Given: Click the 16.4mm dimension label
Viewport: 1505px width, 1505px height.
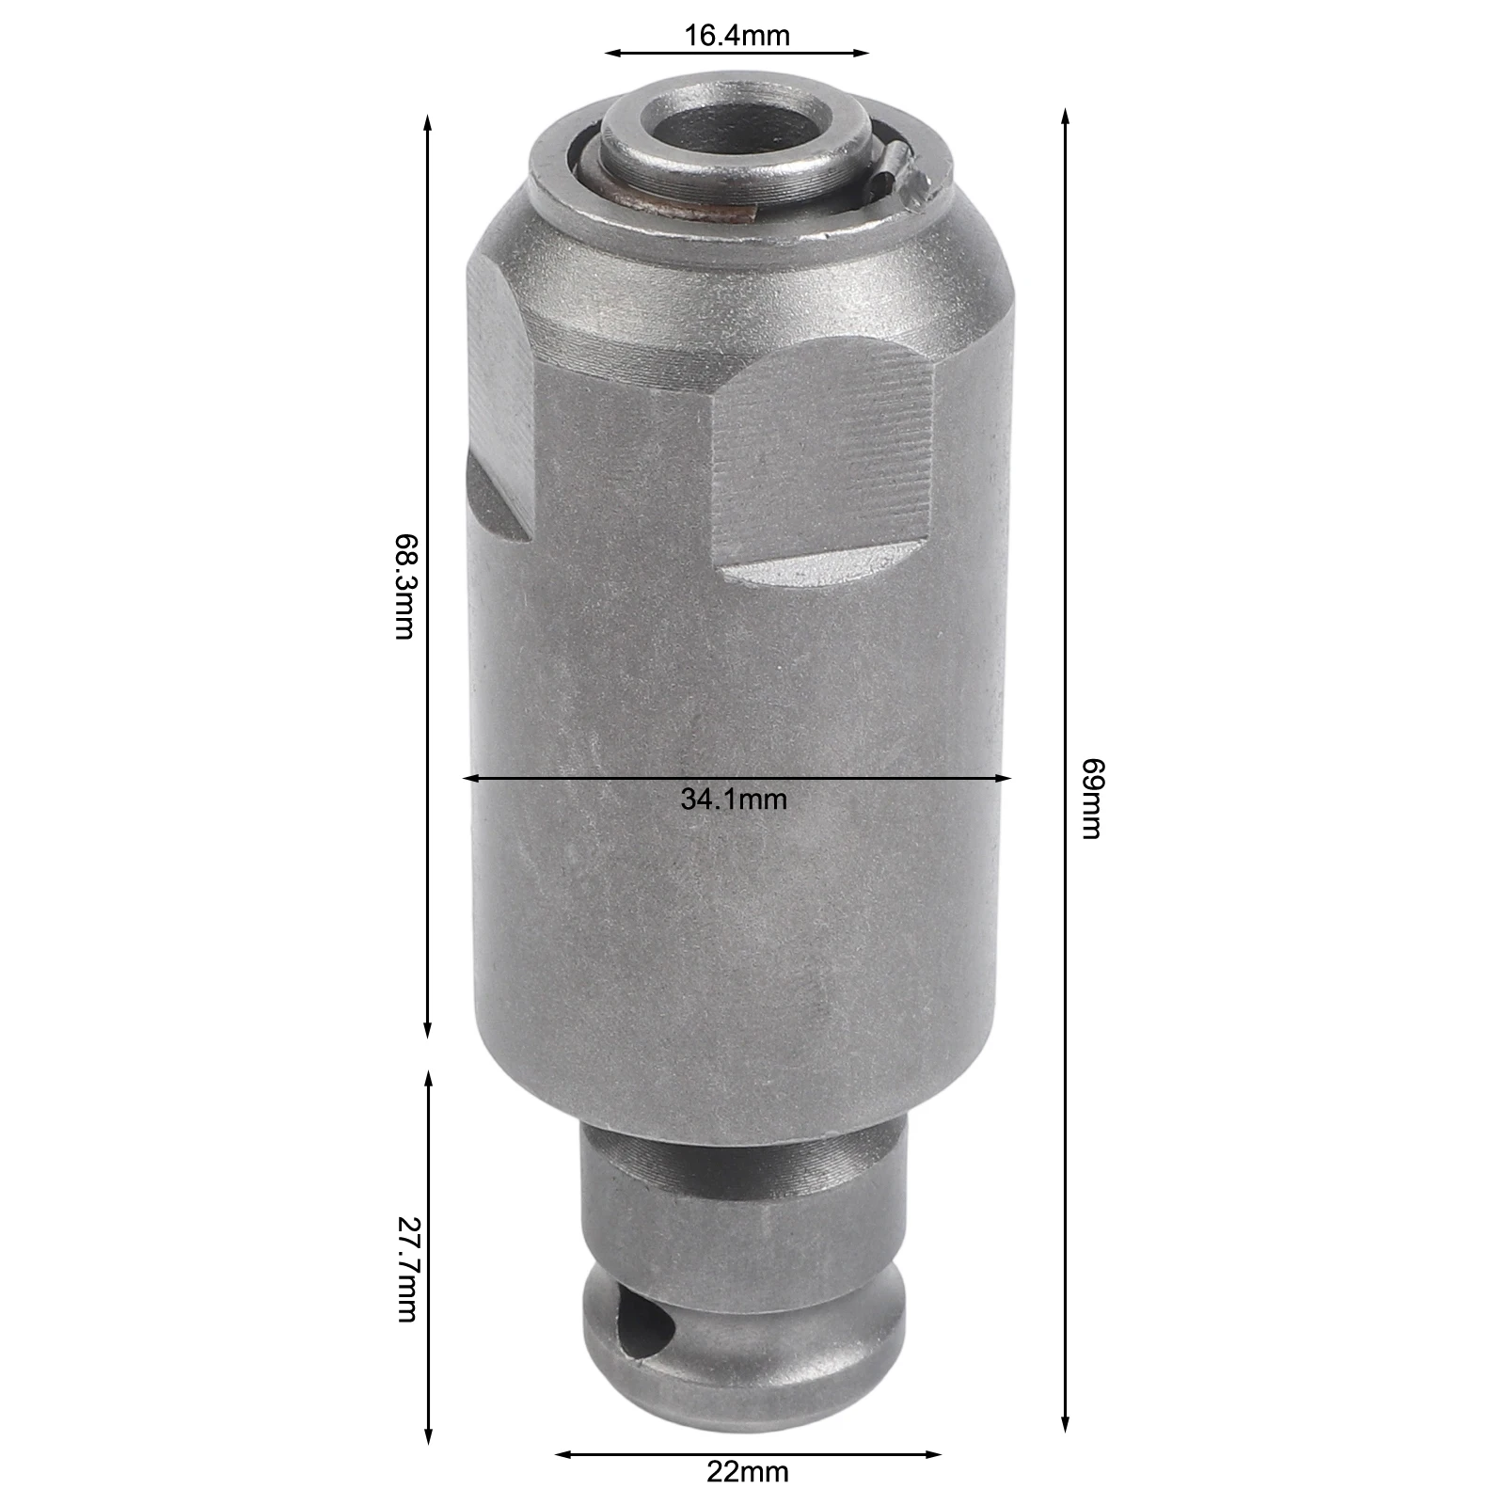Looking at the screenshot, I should click(737, 36).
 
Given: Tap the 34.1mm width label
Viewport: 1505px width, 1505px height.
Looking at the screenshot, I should click(734, 800).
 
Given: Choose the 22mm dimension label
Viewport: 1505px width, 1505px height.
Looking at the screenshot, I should click(748, 1471).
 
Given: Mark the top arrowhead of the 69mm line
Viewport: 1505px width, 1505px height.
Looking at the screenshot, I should click(1065, 115).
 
